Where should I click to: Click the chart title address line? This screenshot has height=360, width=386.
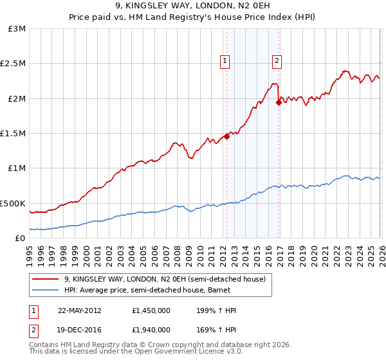pos(193,6)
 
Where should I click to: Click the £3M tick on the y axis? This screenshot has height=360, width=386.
pos(17,29)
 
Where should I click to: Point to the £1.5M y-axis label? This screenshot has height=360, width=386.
pos(14,133)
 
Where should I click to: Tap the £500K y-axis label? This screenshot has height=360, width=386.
pos(14,203)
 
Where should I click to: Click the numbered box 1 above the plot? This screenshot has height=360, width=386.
pos(225,61)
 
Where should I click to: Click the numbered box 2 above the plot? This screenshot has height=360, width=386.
pos(277,61)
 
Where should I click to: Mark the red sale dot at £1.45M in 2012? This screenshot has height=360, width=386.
pos(226,136)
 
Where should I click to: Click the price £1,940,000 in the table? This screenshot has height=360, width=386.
pos(152,331)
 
